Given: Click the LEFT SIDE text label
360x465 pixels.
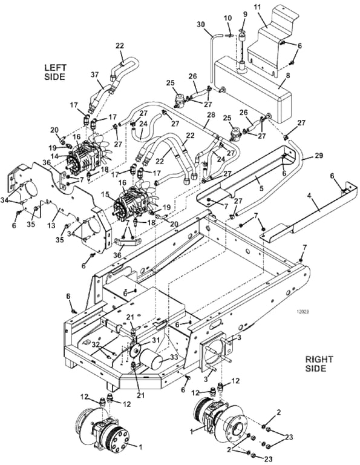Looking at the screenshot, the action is pyautogui.click(x=55, y=72).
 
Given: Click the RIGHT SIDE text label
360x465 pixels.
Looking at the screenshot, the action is pyautogui.click(x=319, y=364).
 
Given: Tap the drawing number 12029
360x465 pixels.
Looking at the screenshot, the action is pyautogui.click(x=302, y=312).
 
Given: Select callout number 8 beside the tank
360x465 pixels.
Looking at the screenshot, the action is pyautogui.click(x=287, y=75).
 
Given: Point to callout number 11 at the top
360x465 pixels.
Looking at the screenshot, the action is pyautogui.click(x=258, y=7).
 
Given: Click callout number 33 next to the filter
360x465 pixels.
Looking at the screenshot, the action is pyautogui.click(x=174, y=357).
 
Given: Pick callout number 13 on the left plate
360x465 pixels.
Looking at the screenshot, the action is pyautogui.click(x=51, y=225).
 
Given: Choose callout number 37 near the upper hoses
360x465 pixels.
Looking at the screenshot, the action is pyautogui.click(x=94, y=74).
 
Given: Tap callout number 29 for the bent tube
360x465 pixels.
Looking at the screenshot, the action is pyautogui.click(x=318, y=156).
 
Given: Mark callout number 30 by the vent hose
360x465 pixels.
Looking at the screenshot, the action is pyautogui.click(x=201, y=24).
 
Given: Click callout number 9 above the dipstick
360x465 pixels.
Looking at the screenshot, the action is pyautogui.click(x=245, y=14).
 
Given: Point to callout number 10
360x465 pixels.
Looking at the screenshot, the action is pyautogui.click(x=227, y=18).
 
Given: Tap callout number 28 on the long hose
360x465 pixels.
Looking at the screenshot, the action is pyautogui.click(x=211, y=115).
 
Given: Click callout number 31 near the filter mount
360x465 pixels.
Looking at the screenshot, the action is pyautogui.click(x=155, y=340).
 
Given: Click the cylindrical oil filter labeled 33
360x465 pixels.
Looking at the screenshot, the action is pyautogui.click(x=152, y=360).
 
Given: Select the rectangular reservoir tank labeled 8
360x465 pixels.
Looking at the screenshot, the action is pyautogui.click(x=253, y=90).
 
